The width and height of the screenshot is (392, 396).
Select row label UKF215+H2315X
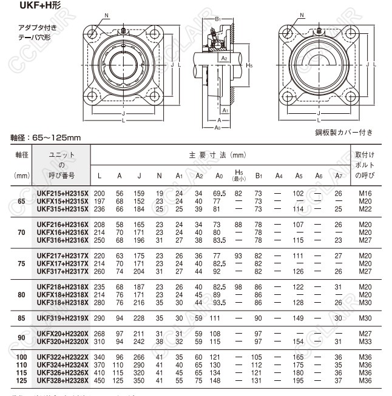[63, 193]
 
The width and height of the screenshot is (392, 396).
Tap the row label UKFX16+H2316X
[63, 231]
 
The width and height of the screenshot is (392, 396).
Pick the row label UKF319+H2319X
[63, 318]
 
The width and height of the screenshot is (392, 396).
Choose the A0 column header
[218, 176]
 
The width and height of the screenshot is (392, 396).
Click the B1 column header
[258, 176]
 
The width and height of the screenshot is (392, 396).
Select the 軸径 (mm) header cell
[22, 165]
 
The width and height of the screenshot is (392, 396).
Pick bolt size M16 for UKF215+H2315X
[363, 193]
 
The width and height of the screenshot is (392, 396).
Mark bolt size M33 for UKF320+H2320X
[363, 342]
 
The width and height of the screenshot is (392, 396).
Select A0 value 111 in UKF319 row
[215, 318]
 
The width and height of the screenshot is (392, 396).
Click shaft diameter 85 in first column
[22, 318]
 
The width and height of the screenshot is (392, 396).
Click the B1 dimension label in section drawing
[218, 20]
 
